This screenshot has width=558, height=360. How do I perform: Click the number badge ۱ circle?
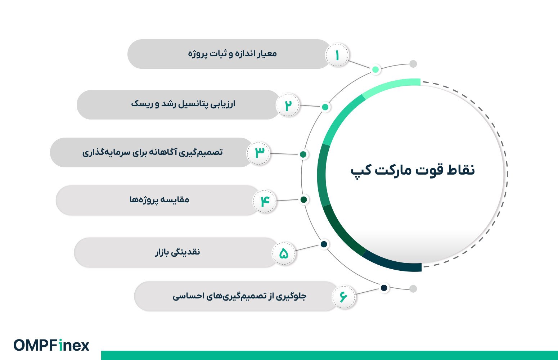click(x=337, y=55)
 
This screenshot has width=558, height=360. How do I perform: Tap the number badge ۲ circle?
click(x=288, y=105)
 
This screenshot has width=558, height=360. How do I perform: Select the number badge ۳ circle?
click(x=258, y=153)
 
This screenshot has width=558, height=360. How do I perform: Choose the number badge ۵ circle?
click(x=283, y=253)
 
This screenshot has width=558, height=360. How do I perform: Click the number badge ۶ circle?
click(x=343, y=297)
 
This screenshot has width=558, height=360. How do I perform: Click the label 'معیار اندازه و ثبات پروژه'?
click(x=232, y=54)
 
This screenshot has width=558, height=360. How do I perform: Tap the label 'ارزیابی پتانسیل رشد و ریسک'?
click(x=183, y=104)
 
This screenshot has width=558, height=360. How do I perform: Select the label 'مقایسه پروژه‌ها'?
click(x=159, y=199)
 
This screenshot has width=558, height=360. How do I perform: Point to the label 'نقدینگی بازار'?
click(x=177, y=252)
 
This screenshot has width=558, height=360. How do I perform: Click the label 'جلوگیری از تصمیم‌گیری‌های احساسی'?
click(x=239, y=296)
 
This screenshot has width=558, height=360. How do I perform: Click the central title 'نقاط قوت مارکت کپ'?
click(x=413, y=170)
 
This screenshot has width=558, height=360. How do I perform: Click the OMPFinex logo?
click(x=51, y=345)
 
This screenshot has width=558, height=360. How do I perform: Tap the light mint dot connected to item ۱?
click(x=375, y=69)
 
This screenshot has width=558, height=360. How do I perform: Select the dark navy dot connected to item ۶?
click(x=384, y=288)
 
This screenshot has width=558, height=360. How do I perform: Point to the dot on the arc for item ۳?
click(x=303, y=154)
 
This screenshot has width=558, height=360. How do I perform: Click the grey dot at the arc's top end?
click(x=413, y=64)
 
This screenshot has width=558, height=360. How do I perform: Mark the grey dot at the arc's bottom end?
click(x=413, y=289)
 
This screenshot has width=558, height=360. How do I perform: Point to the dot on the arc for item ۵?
click(x=324, y=244)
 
